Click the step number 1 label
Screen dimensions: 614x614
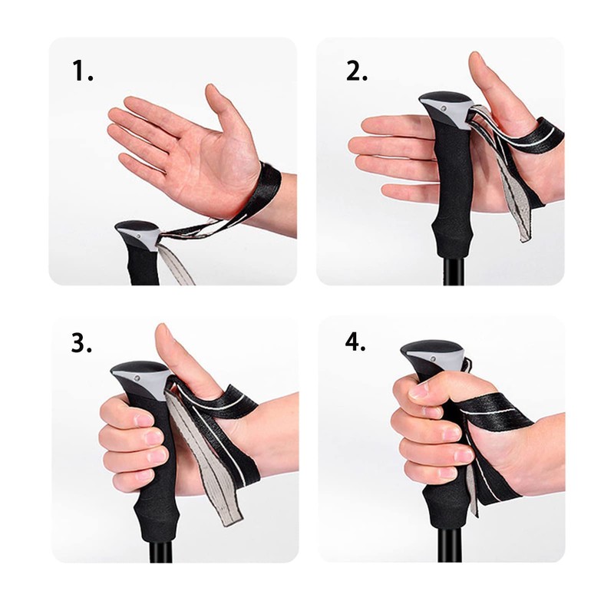pos(83,71)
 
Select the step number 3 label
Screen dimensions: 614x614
pos(82,343)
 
